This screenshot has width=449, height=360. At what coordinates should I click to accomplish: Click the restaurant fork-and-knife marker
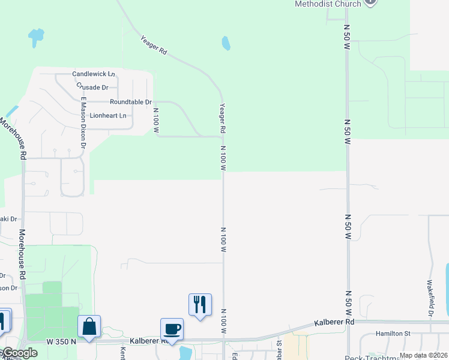tap(200, 304)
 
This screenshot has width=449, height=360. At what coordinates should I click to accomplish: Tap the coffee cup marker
tap(172, 329)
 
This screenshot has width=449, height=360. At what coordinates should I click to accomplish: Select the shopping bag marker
tap(89, 327)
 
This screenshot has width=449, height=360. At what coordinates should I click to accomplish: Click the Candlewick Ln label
tap(94, 74)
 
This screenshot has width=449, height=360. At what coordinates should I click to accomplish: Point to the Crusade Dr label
tap(92, 87)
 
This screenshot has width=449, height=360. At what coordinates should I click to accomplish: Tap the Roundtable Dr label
tap(130, 103)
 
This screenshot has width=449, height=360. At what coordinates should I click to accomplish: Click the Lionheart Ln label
tap(108, 115)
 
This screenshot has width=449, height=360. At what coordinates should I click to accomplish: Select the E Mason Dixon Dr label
tap(83, 123)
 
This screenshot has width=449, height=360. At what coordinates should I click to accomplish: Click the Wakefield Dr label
tap(430, 298)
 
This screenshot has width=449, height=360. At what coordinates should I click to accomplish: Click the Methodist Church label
tap(328, 4)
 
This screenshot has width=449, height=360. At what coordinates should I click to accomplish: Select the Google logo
tap(19, 353)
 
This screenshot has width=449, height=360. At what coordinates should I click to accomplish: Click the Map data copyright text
tap(423, 355)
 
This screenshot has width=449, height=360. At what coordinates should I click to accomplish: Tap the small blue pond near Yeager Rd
tap(226, 43)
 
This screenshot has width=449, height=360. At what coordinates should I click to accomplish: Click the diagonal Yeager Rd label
tap(153, 46)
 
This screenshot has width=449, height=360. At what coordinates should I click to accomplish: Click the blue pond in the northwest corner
tap(36, 37)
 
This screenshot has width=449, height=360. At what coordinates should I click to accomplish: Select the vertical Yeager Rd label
tap(222, 118)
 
